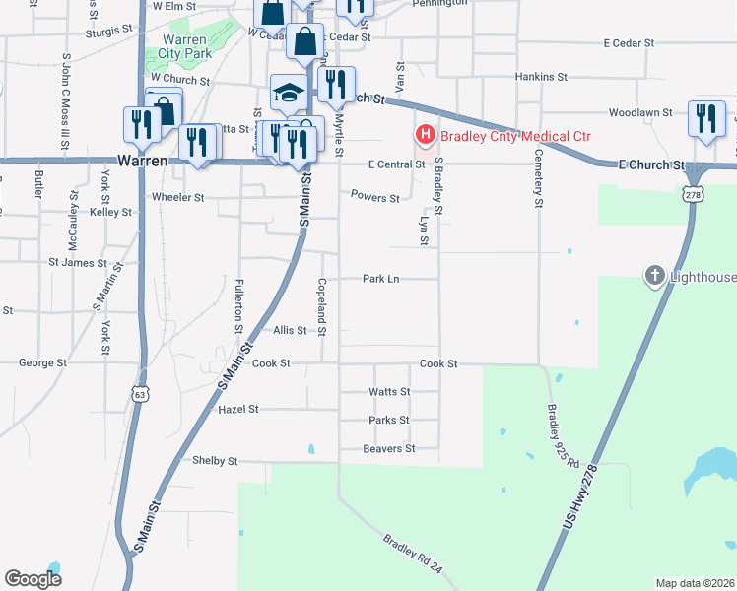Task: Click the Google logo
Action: [33, 579]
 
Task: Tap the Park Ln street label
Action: [380, 279]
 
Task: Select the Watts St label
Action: [389, 392]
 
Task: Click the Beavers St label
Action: [389, 449]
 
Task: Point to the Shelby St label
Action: [215, 461]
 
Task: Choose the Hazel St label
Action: [237, 409]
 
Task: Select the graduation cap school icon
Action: [289, 93]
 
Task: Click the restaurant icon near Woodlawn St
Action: [705, 118]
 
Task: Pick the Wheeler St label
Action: [177, 197]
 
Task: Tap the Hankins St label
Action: [542, 76]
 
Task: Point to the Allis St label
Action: [290, 331]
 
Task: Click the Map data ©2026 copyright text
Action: [695, 583]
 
